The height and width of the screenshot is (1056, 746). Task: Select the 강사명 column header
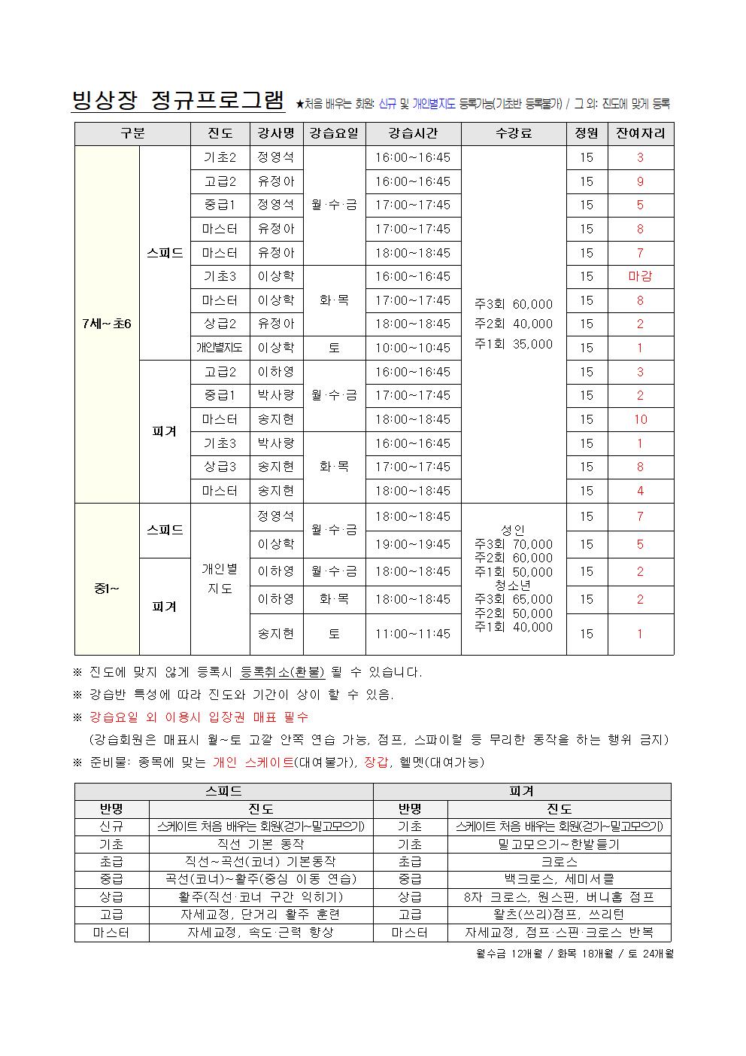(x=276, y=134)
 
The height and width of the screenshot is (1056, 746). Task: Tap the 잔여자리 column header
(x=640, y=134)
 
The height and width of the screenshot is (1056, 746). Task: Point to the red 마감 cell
(x=640, y=276)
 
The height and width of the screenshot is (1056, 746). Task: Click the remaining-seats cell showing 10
(x=640, y=419)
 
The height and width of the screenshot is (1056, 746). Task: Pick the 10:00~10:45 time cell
(x=413, y=348)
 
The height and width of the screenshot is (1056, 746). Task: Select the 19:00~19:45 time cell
(x=413, y=544)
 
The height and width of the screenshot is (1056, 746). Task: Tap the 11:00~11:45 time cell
(x=413, y=634)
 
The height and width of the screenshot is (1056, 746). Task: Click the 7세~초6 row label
(x=106, y=324)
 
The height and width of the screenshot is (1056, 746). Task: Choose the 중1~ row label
(x=106, y=587)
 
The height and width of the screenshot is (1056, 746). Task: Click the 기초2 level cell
(x=220, y=157)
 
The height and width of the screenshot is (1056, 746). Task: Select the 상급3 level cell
(x=220, y=467)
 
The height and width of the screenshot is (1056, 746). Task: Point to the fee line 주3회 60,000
(x=514, y=304)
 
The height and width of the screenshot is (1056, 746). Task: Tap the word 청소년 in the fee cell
(x=514, y=586)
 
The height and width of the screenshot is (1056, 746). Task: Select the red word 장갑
(x=375, y=762)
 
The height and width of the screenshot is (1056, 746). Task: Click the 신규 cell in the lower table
(x=111, y=826)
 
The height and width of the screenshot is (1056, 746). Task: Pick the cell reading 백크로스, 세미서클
(x=559, y=879)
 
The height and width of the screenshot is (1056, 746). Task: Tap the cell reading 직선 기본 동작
(x=260, y=844)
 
